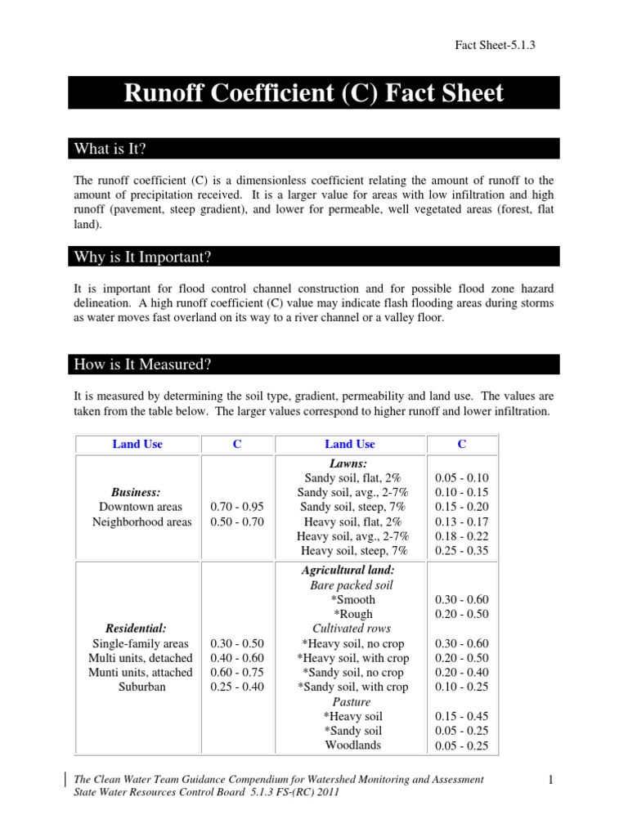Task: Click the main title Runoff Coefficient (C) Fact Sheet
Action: (x=313, y=93)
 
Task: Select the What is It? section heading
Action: (x=110, y=149)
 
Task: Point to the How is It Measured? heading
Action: (x=138, y=365)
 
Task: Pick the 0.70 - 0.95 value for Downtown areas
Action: (x=237, y=507)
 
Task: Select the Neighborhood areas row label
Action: (x=140, y=521)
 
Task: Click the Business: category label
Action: (x=136, y=492)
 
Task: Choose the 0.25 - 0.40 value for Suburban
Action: (x=237, y=687)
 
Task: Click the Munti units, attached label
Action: (x=140, y=672)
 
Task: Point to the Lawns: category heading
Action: (x=350, y=463)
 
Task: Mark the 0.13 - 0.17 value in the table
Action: (x=461, y=521)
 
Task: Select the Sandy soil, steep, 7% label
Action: (x=350, y=507)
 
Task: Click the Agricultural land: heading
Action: (x=350, y=569)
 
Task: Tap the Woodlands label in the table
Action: (x=352, y=745)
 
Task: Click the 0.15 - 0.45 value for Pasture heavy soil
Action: (x=461, y=716)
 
